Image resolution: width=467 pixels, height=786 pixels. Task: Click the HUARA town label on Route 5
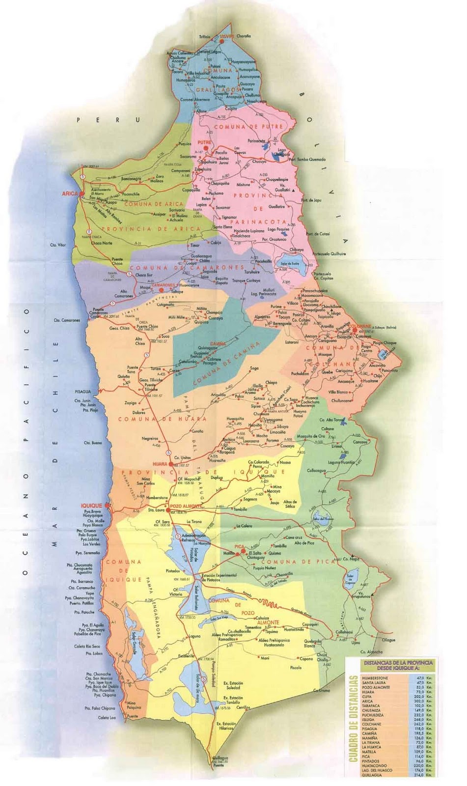tap(160, 464)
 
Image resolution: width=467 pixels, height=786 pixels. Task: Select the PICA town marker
tap(237, 553)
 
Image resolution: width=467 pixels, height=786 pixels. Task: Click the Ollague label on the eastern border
tap(388, 640)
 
